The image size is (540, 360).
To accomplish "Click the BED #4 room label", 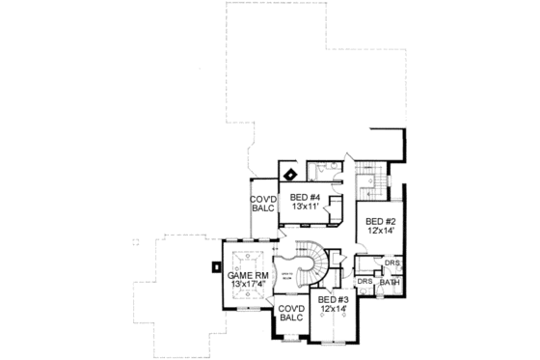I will point(305,198).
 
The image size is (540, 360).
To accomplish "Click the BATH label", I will point(389,282).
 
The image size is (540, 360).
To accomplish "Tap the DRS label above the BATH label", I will point(391,263).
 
